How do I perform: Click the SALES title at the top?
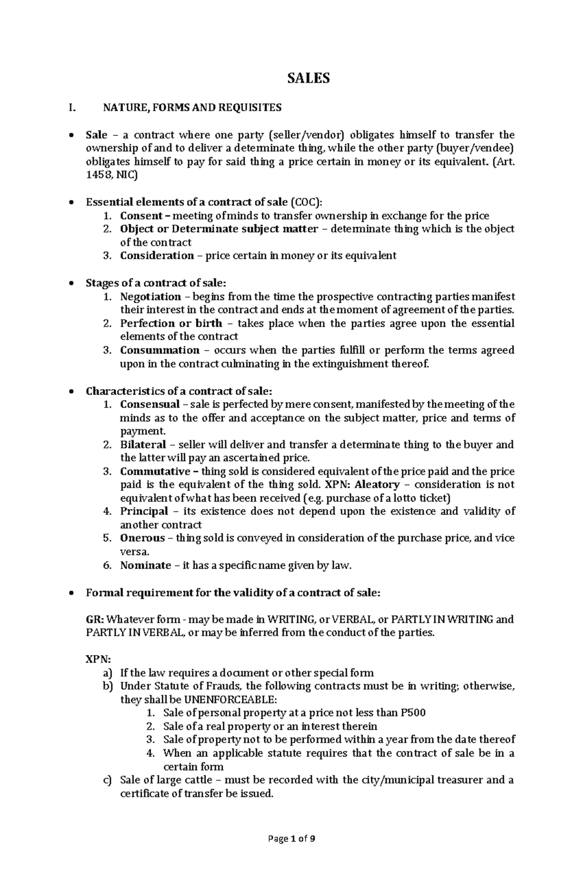point(309,78)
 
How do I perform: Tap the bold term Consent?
point(141,216)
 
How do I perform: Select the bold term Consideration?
point(157,255)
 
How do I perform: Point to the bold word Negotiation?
point(151,297)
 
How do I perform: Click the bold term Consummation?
point(160,350)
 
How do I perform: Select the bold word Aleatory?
point(377,485)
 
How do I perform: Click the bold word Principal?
point(144,511)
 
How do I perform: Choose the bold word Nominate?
point(145,565)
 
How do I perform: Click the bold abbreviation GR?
point(95,619)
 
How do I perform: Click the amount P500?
point(413,713)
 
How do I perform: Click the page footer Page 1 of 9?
point(291,838)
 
